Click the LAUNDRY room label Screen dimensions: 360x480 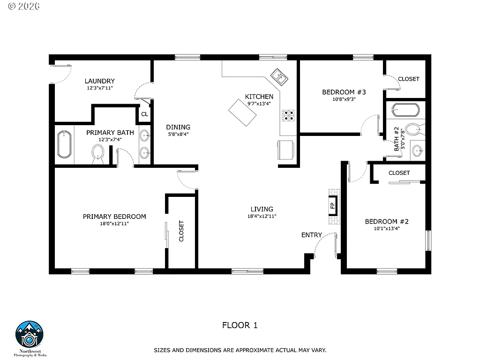tap(99, 81)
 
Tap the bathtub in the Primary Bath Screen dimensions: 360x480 tap(64, 145)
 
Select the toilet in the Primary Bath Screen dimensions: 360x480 tap(98, 152)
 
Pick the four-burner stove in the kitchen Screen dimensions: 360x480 tap(288, 115)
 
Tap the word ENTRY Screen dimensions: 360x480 tap(311, 235)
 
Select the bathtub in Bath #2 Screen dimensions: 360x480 tap(405, 110)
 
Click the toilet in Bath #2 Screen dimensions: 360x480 tap(413, 129)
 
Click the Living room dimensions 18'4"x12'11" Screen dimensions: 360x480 tap(262, 216)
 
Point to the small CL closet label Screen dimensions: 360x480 tap(144, 114)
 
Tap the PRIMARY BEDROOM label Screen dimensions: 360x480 tap(114, 217)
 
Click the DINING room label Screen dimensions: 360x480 tap(178, 127)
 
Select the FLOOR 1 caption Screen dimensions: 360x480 tap(240, 325)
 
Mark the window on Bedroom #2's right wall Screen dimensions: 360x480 tap(427, 241)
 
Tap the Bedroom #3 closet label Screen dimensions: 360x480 tap(408, 79)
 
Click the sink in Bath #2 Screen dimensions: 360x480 tap(416, 150)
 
